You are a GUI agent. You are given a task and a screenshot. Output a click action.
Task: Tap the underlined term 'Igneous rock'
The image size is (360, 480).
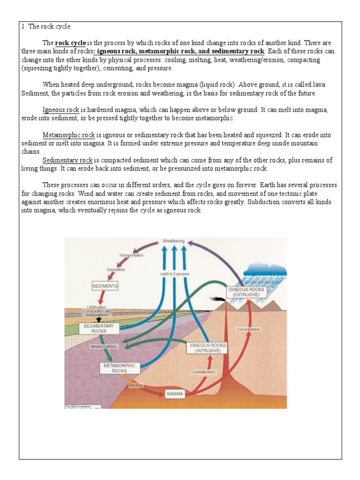click(61, 110)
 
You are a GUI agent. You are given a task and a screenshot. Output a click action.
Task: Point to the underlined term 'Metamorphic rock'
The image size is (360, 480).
click(68, 135)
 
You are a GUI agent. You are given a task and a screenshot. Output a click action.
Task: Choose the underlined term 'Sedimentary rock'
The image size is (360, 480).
click(68, 160)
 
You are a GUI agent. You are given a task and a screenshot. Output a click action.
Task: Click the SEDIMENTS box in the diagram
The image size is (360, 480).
click(105, 285)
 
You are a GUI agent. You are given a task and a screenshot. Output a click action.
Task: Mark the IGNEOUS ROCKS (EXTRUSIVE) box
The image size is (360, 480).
click(246, 292)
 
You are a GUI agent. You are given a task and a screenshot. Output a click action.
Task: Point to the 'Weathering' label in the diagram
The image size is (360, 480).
click(173, 241)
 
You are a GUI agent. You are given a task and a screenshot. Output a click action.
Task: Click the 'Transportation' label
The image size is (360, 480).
click(131, 255)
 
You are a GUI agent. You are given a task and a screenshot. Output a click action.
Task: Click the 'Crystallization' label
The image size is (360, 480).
click(203, 372)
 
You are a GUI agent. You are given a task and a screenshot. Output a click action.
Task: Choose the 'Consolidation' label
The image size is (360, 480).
click(248, 329)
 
